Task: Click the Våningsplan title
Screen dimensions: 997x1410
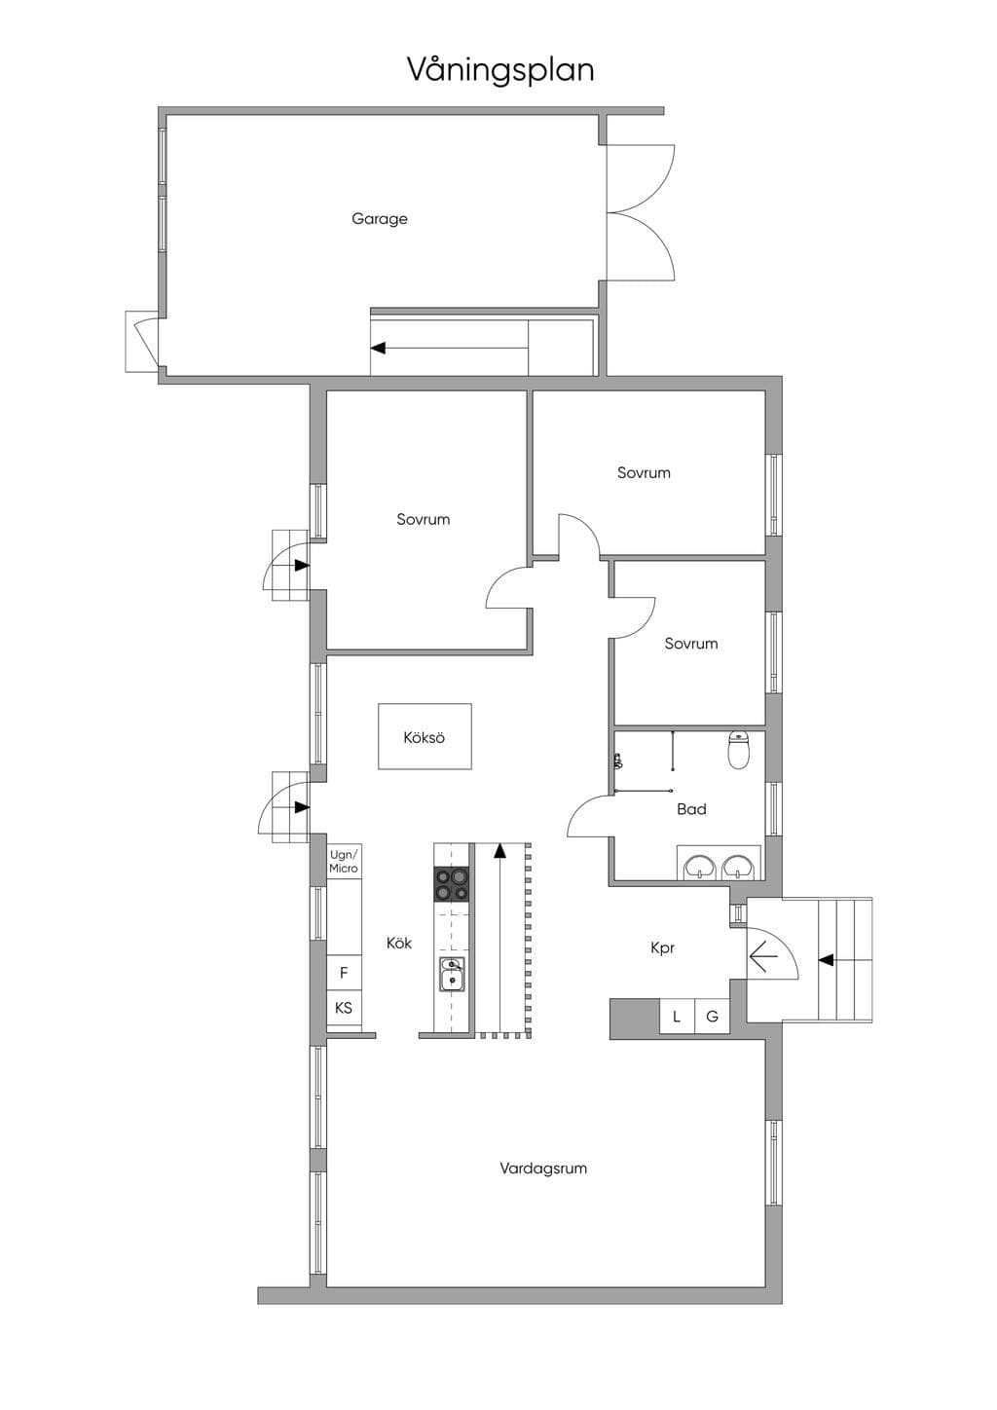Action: tap(500, 70)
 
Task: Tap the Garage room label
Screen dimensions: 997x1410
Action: tap(380, 219)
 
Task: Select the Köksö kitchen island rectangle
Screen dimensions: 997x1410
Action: tap(425, 736)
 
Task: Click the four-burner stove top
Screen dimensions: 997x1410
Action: tap(452, 884)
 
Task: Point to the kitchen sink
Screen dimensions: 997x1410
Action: tap(451, 975)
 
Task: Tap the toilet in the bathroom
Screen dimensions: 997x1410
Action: tap(738, 750)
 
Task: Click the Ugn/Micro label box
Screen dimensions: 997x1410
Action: tap(344, 861)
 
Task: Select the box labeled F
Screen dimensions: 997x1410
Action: tap(344, 973)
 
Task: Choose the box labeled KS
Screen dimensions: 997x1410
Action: tap(344, 1008)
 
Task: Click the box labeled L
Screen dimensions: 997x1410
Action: tap(677, 1016)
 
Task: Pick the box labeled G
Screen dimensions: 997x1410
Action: tap(712, 1016)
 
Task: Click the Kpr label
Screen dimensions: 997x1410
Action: tap(663, 948)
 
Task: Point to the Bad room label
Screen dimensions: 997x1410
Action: tap(691, 809)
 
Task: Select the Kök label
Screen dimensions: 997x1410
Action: tap(399, 943)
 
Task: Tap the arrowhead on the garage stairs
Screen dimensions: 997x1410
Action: tap(378, 348)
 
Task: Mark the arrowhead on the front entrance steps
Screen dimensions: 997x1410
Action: tap(826, 960)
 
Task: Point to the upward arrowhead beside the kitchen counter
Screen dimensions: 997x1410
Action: tap(499, 851)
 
